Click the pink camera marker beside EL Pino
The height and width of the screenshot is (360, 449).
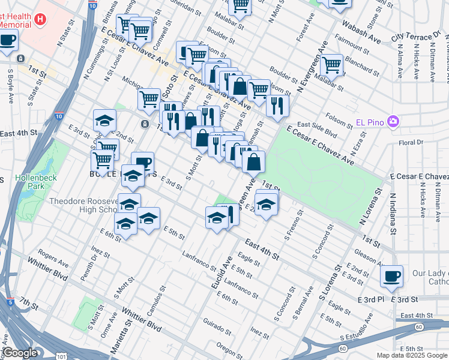pos(393,122)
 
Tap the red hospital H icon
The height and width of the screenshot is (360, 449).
pos(40,19)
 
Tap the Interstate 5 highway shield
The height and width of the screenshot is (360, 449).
pos(10,302)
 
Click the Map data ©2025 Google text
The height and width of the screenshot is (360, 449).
pos(412,355)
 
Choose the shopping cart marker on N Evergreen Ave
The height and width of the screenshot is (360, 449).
pos(331,64)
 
